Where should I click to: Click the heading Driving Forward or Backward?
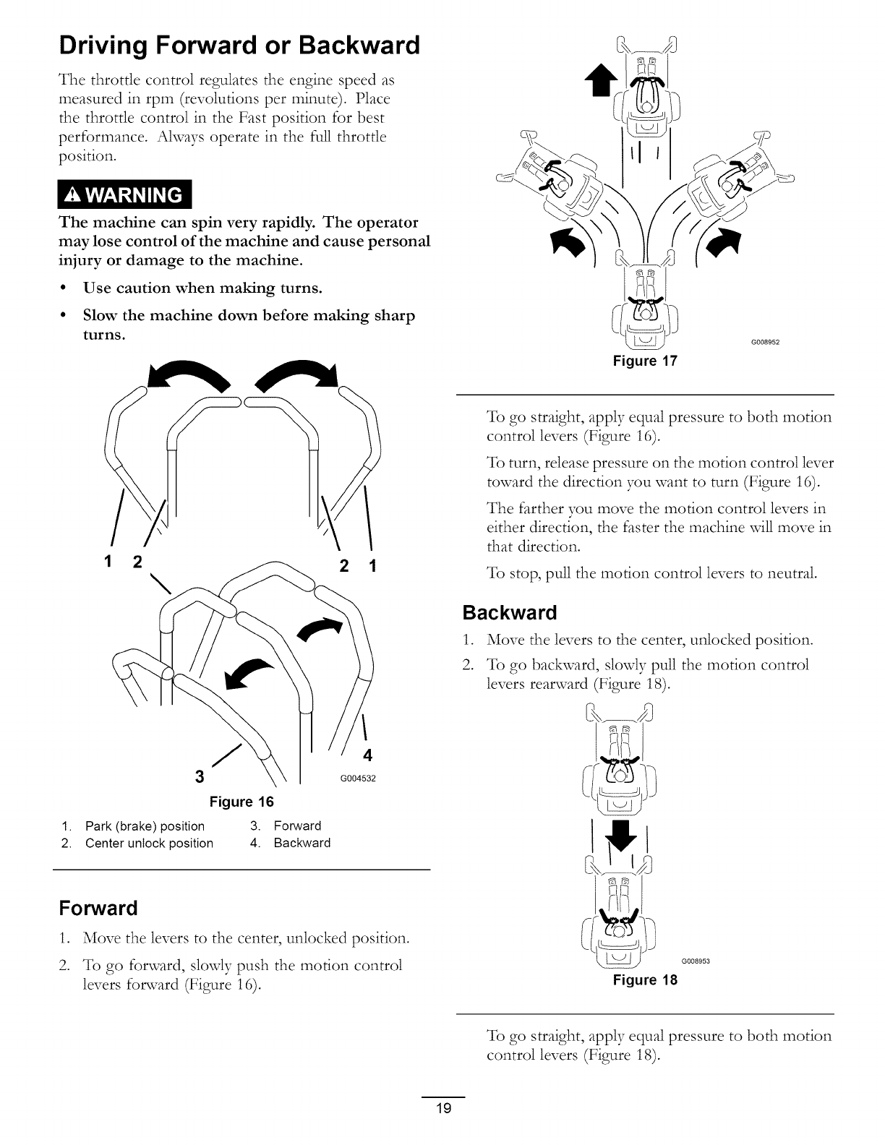(x=239, y=46)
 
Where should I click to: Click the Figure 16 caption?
(x=241, y=802)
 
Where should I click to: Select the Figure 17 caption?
(x=645, y=361)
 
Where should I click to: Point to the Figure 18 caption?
(x=645, y=980)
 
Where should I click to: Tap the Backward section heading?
(x=510, y=613)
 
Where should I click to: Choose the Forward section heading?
(x=98, y=907)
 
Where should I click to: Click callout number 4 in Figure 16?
(x=367, y=755)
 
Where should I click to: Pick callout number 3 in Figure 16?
(x=200, y=777)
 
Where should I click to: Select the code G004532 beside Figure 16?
(x=359, y=779)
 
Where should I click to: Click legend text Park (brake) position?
(x=145, y=825)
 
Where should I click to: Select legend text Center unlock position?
(x=149, y=843)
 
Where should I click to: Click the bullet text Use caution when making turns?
(x=202, y=288)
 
